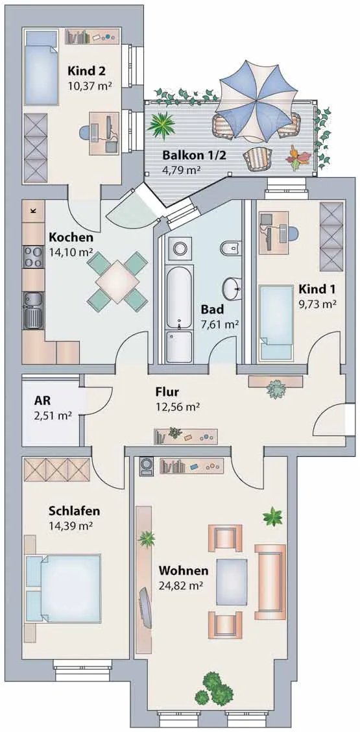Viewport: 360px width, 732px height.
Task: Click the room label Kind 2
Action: click(86, 71)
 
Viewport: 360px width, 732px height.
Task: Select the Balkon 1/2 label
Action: click(194, 156)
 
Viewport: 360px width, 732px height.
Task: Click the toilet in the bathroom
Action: click(231, 247)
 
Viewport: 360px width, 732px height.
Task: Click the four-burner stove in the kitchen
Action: click(33, 257)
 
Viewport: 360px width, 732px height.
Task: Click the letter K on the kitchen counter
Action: click(32, 210)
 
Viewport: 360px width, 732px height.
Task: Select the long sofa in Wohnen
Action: click(270, 581)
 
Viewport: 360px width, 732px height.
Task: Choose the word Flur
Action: click(167, 392)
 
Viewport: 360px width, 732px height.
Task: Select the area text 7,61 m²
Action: click(219, 324)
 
